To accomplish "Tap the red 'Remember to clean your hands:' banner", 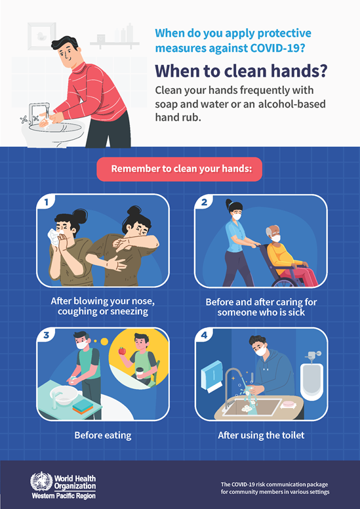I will point(179,169).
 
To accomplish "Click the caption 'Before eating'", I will point(102,434).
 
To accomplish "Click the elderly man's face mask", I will point(275,237).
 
